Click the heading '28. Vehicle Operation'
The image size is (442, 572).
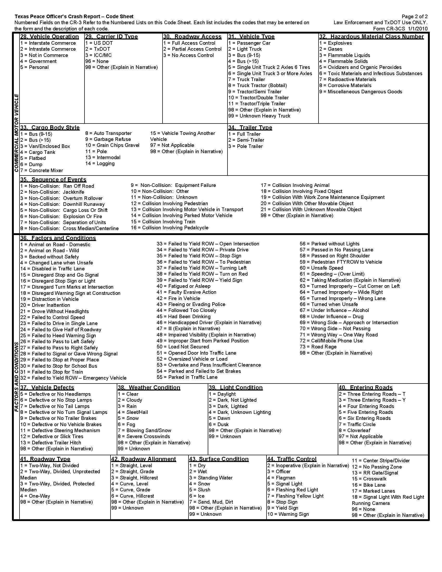[x=49, y=37]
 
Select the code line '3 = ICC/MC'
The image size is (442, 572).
[x=99, y=55]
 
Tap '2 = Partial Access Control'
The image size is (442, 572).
[x=192, y=49]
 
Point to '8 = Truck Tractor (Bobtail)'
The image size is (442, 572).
[x=257, y=86]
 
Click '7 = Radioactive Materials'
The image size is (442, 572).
[x=347, y=80]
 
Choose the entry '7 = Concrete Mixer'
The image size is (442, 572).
[x=42, y=171]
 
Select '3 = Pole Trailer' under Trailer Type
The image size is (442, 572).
[x=245, y=146]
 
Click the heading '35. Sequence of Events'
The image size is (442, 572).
[x=53, y=180]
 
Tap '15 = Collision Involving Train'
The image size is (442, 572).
[x=163, y=222]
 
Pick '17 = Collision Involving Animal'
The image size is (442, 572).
[x=295, y=185]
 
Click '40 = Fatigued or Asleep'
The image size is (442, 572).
[x=183, y=286]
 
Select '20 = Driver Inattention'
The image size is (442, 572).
[x=45, y=305]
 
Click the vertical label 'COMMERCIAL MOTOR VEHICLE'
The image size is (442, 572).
[x=16, y=133]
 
